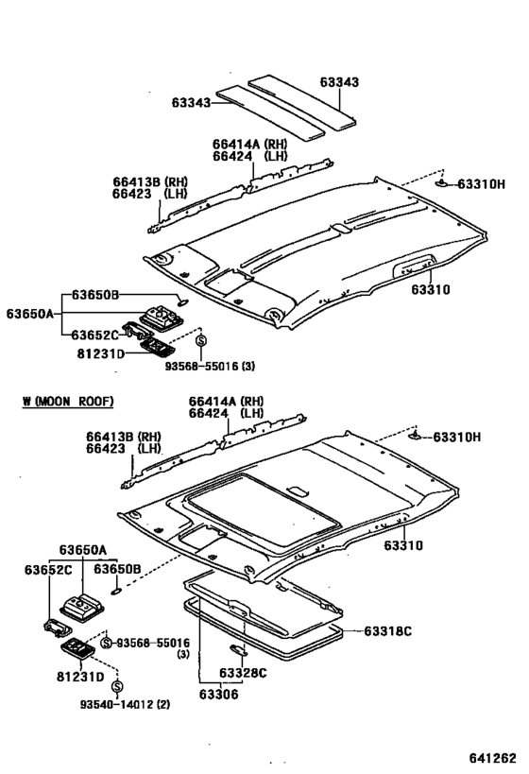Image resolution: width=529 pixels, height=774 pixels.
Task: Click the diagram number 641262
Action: pyautogui.click(x=490, y=758)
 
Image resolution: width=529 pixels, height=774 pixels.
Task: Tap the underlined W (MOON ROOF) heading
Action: pyautogui.click(x=67, y=402)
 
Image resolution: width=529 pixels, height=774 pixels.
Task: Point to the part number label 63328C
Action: pyautogui.click(x=243, y=673)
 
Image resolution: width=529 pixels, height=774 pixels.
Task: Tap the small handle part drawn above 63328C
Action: pyautogui.click(x=236, y=649)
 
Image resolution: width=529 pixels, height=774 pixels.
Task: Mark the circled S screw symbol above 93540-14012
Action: pyautogui.click(x=117, y=685)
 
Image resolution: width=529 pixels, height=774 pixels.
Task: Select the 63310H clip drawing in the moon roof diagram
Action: pyautogui.click(x=417, y=438)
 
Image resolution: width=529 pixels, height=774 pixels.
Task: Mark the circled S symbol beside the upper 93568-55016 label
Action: pyautogui.click(x=200, y=340)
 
